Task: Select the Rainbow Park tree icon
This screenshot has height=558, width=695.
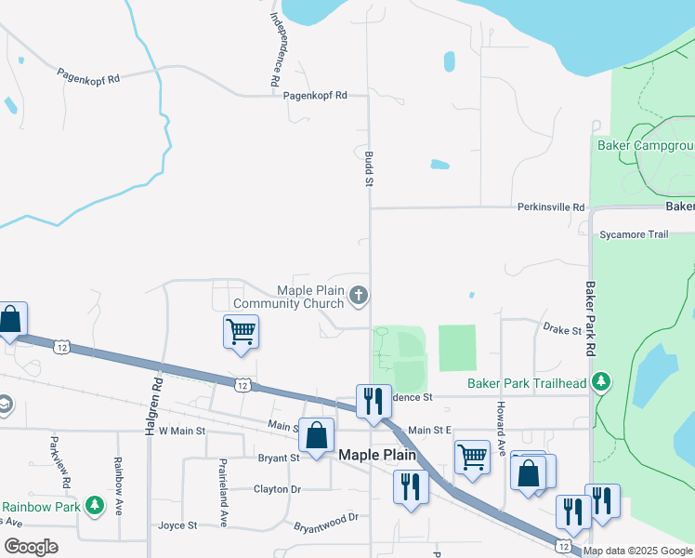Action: pos(94,505)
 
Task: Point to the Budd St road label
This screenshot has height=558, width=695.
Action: pos(368,169)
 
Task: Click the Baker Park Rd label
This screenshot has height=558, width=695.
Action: pos(590,319)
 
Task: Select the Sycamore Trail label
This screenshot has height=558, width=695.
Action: pos(635,234)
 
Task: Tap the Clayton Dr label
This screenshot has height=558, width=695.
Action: pos(278,488)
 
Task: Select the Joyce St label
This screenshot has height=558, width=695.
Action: pos(177,525)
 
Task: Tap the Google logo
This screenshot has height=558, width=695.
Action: pos(31,547)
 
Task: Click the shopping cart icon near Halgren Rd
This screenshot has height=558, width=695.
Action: pos(241,330)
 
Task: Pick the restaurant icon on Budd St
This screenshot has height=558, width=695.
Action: pos(374,401)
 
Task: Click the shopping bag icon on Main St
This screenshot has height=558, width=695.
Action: pos(316,434)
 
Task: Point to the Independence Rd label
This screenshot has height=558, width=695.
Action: pos(276,49)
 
